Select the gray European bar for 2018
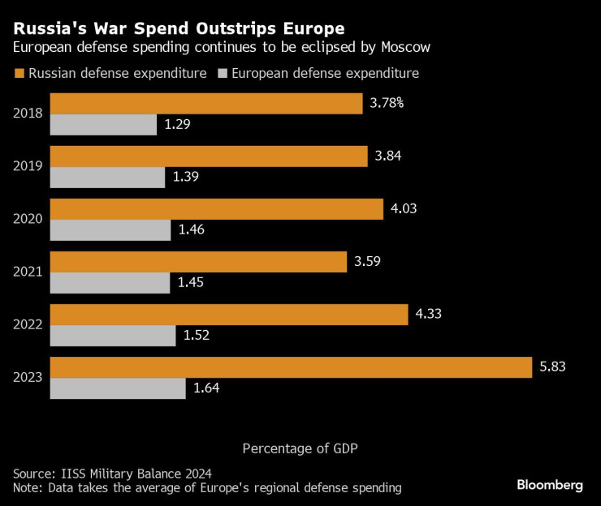(x=103, y=125)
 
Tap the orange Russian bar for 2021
(x=199, y=262)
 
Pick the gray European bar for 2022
(x=113, y=336)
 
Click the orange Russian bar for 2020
(x=217, y=209)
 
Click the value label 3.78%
(x=387, y=104)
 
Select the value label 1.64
(x=206, y=388)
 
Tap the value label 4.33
(x=430, y=315)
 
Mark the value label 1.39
(x=186, y=178)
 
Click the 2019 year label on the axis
(x=28, y=166)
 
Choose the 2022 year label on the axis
(x=28, y=324)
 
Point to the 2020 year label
(x=28, y=219)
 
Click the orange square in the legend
(x=19, y=74)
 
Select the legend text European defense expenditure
(x=325, y=74)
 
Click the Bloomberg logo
(x=550, y=485)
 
